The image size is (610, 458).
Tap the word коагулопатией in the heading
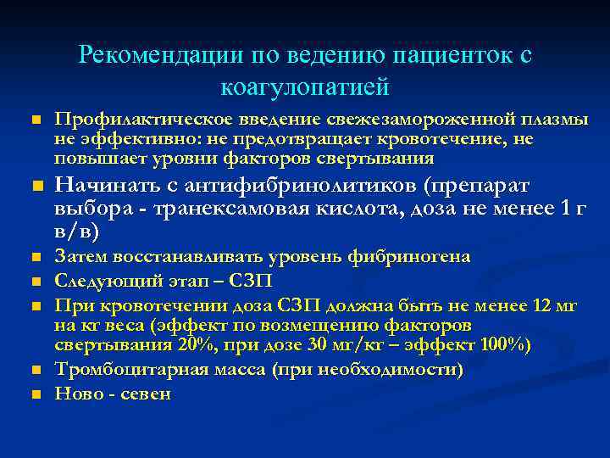pos(304,86)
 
